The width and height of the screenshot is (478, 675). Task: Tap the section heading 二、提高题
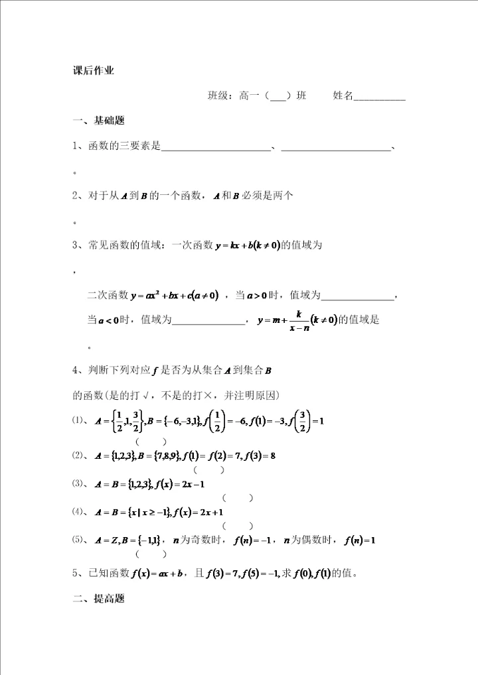(99, 599)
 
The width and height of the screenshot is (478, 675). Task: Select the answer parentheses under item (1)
(151, 442)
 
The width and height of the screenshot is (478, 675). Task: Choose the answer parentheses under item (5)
(151, 554)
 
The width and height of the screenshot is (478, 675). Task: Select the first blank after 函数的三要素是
(216, 147)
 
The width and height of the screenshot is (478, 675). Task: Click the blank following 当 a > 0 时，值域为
(358, 295)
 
